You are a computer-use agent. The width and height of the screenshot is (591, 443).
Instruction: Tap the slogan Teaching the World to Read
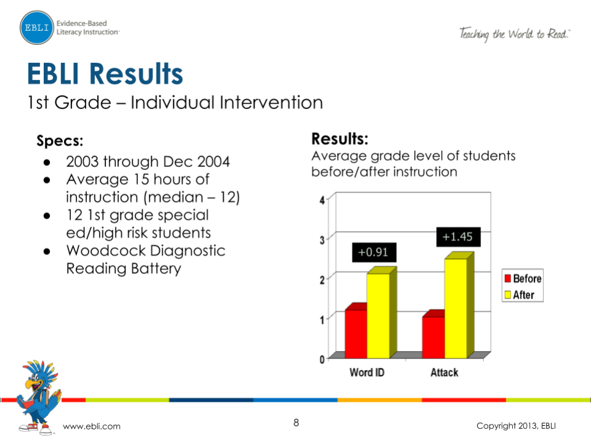(514, 34)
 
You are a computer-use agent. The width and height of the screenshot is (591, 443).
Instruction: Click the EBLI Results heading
(105, 74)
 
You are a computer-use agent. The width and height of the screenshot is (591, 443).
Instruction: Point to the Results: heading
(340, 137)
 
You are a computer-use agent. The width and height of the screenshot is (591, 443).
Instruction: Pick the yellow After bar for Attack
(455, 307)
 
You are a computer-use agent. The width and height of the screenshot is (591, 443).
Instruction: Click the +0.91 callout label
(373, 252)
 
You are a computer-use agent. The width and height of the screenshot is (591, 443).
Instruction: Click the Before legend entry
(523, 278)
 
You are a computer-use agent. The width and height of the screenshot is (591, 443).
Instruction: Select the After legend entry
(520, 295)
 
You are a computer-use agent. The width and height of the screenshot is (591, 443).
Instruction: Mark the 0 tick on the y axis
(322, 359)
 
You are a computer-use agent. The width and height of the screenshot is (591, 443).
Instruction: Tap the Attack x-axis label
(444, 372)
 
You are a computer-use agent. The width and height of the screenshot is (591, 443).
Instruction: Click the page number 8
(296, 423)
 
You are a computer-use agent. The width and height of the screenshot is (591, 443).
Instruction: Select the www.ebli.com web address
(92, 426)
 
